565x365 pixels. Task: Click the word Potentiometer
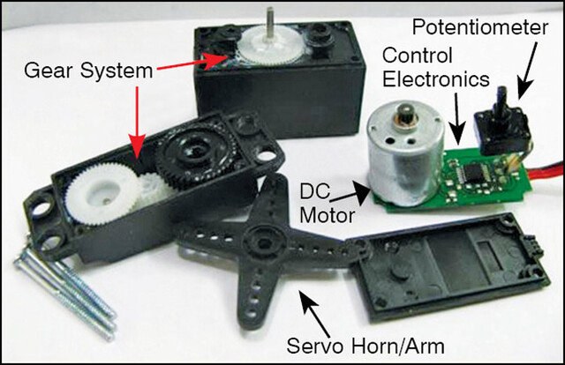point(480,27)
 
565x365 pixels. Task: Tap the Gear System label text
point(88,71)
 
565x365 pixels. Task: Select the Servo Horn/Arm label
point(365,346)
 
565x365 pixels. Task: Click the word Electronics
point(436,79)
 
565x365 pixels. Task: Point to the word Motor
point(328,216)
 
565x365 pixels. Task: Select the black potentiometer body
point(502,130)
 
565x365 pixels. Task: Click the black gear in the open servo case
point(197,153)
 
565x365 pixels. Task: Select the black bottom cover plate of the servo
point(447,266)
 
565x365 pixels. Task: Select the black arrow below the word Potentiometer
point(528,71)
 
